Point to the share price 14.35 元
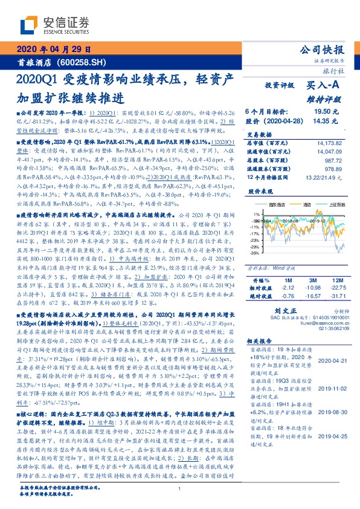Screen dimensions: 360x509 click(x=326, y=121)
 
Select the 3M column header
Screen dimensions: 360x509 click(x=312, y=280)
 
